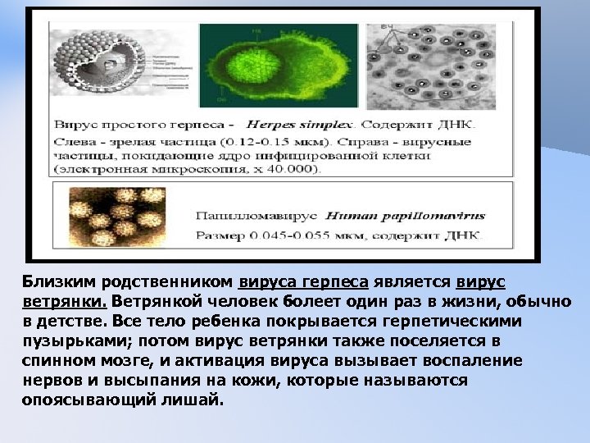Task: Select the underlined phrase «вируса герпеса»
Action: (x=302, y=282)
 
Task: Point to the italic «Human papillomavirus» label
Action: (x=405, y=217)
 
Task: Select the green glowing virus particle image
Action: (x=279, y=66)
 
